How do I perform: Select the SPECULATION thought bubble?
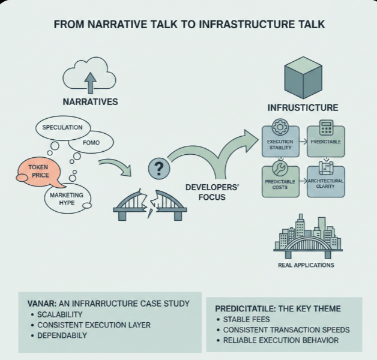tap(62, 127)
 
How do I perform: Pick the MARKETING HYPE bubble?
tap(67, 199)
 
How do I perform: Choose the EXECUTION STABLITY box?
tap(279, 141)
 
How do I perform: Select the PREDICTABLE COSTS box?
tap(279, 178)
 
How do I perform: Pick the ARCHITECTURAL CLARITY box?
tap(326, 178)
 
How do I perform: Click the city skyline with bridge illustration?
tap(306, 237)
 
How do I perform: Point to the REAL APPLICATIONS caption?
tap(306, 265)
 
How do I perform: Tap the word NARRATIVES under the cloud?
tap(90, 102)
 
